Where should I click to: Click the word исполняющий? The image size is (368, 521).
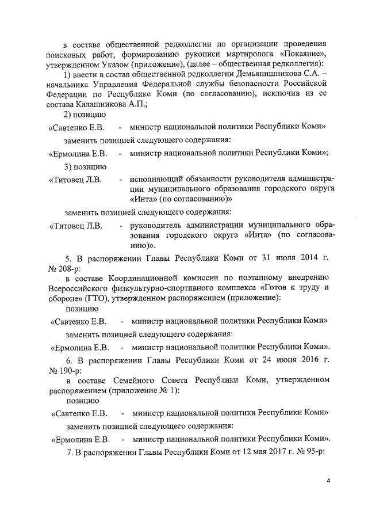(x=155, y=180)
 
